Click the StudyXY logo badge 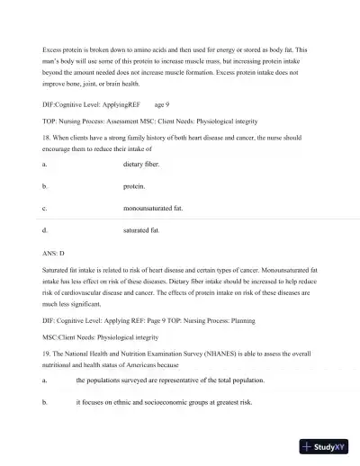(325, 446)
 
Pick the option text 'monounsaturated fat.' (153, 209)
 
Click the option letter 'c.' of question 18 (44, 209)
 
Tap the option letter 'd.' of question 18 (44, 230)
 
